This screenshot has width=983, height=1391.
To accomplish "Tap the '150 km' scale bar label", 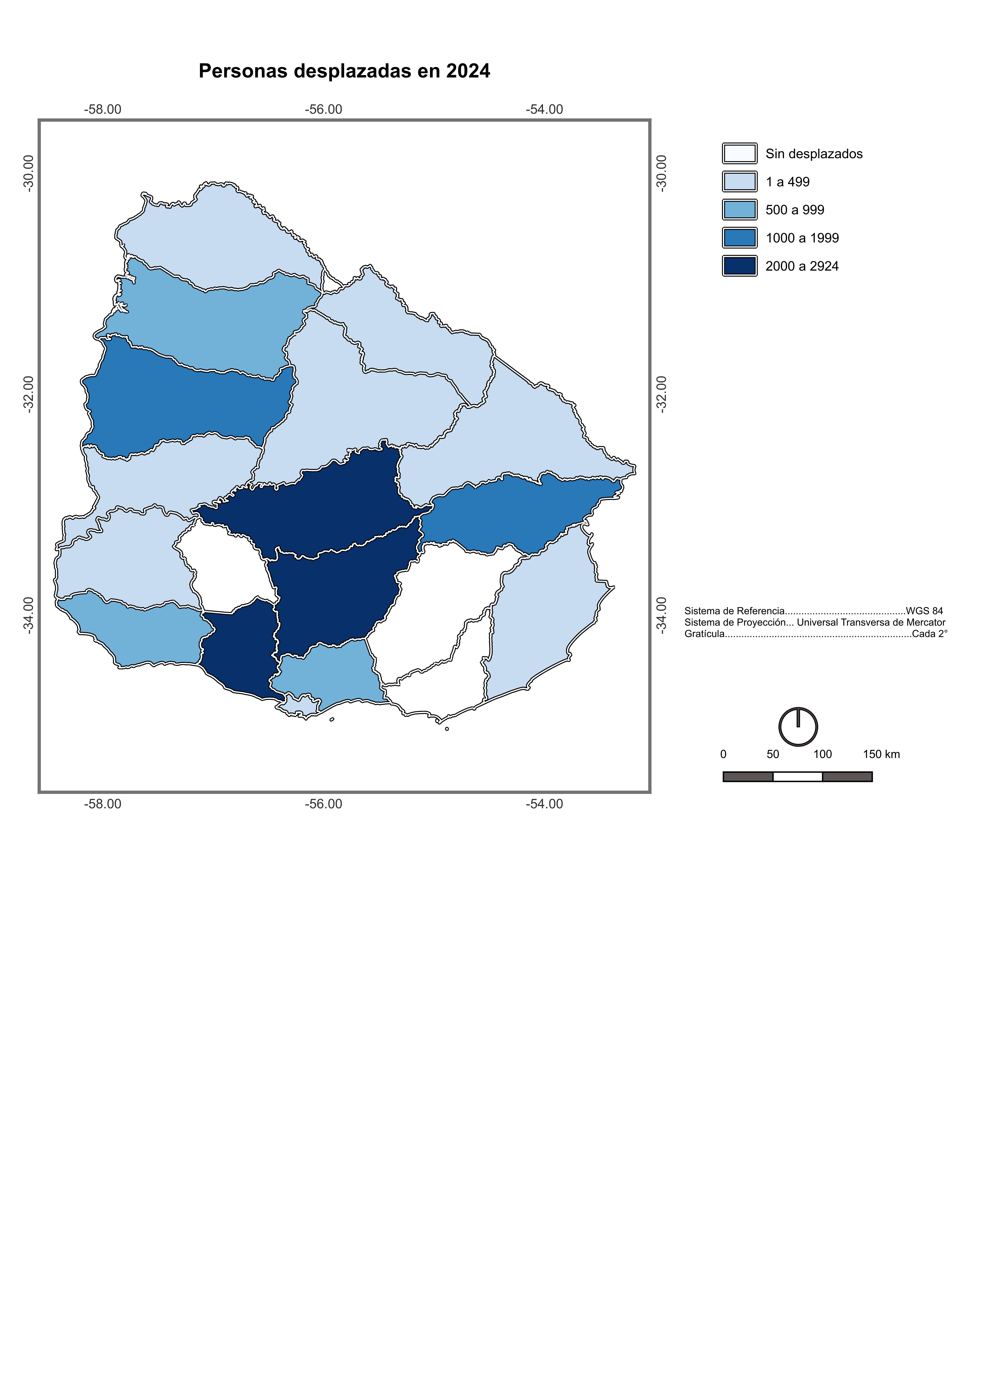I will coord(881,754).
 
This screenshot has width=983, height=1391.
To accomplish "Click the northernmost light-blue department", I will coord(218,236).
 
